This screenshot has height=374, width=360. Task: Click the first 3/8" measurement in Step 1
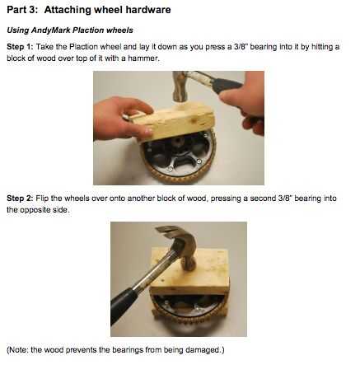coord(241,46)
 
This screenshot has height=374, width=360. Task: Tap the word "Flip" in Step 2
coord(42,198)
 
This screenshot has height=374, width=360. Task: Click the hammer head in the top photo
coord(179,85)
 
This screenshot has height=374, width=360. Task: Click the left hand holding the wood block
coord(121,118)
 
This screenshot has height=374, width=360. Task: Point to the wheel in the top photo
coord(179,158)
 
